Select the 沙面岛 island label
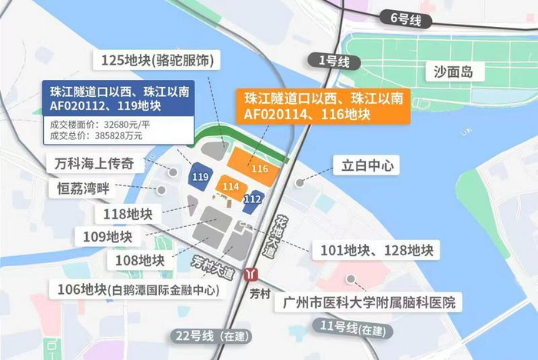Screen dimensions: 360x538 point(457,73)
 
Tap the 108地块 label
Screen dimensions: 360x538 point(139,260)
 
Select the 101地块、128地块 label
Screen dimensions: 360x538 point(372,250)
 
